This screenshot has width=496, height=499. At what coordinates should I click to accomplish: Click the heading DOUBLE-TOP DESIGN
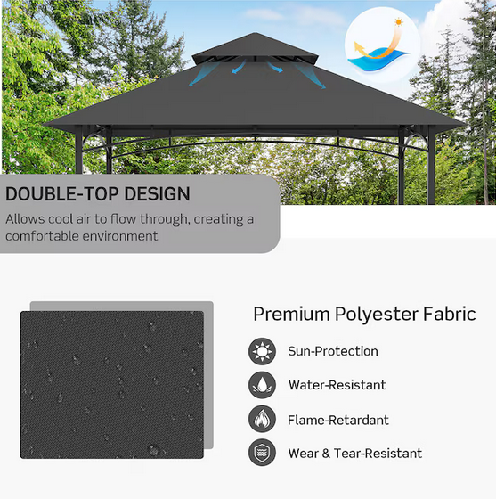tap(98, 194)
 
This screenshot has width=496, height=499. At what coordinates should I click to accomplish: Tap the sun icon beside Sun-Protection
tap(262, 351)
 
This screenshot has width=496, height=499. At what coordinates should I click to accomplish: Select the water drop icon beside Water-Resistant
tap(262, 385)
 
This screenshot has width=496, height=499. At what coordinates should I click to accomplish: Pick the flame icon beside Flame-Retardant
tap(262, 419)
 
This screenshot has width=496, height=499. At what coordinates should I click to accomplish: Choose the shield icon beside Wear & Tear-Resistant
tap(262, 453)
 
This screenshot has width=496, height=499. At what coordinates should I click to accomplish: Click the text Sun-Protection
tap(332, 351)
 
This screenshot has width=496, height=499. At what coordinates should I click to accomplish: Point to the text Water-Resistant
tap(337, 385)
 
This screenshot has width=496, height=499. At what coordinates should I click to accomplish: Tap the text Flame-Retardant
tap(337, 420)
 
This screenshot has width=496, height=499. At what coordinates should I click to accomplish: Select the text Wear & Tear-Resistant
tap(354, 454)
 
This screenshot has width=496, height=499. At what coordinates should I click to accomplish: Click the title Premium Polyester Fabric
tap(364, 314)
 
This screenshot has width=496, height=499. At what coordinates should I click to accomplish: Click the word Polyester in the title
tap(372, 314)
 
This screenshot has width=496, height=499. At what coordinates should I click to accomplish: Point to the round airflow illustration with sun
tap(381, 44)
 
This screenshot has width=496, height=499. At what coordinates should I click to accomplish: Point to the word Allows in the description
tap(23, 219)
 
